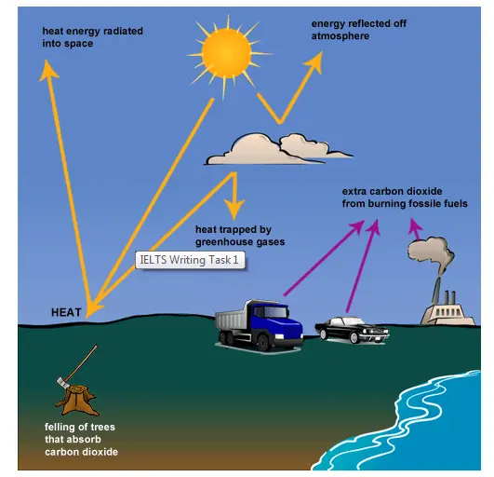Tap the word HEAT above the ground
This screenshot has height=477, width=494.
[x=66, y=312]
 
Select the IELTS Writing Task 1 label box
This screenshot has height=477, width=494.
[x=190, y=260]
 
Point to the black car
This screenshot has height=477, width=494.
[x=353, y=331]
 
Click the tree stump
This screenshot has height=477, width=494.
[x=76, y=400]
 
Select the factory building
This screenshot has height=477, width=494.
[x=447, y=312]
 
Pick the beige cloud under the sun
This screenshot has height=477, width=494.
[x=277, y=150]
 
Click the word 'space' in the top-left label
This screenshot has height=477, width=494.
[x=79, y=44]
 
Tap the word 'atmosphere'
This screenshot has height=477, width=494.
[x=340, y=36]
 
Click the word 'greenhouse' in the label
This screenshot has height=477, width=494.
[x=223, y=242]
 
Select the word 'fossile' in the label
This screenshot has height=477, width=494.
[x=418, y=203]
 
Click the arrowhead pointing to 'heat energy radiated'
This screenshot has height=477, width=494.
[x=47, y=70]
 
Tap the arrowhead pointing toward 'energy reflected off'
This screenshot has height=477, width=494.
[x=314, y=61]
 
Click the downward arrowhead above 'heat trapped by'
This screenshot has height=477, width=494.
[x=234, y=209]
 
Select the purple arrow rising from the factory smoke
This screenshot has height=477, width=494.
[x=415, y=228]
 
